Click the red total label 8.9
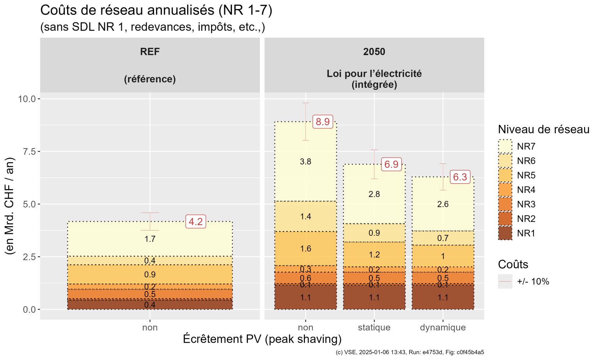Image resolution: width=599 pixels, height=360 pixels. point(323,122)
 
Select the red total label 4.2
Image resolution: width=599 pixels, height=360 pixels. point(196,222)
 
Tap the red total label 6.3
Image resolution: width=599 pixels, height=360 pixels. point(460,177)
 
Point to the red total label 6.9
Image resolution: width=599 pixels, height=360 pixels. point(391,164)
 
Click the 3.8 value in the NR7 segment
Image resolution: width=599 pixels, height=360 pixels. point(305,161)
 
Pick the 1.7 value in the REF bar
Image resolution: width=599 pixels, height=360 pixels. point(150,239)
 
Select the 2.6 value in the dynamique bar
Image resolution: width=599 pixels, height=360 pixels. point(443,204)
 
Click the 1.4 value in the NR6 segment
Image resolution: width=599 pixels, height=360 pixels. point(305,216)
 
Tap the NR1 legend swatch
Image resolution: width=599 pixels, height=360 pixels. point(505,233)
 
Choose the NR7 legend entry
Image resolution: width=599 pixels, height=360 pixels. point(517,146)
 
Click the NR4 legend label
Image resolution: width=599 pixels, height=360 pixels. point(526,190)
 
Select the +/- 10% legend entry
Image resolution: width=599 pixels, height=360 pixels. point(524,281)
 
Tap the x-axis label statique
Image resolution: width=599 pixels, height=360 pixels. point(374,327)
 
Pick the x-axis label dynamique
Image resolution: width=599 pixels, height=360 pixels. point(443,327)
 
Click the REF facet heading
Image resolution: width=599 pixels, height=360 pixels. point(150,51)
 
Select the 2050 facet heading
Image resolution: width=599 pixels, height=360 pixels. point(374,51)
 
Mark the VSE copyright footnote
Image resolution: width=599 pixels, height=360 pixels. point(410,352)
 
